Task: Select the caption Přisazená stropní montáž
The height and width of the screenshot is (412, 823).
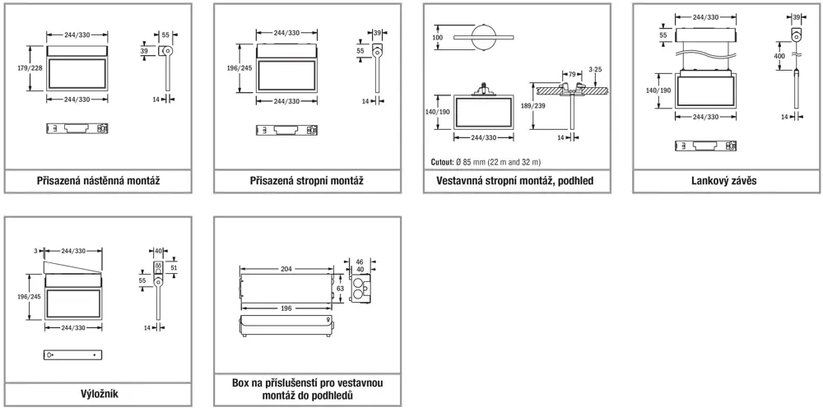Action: tap(306, 181)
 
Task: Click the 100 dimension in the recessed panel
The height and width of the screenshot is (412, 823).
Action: tap(437, 38)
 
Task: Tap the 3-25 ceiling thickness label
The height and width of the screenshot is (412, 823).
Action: tap(597, 71)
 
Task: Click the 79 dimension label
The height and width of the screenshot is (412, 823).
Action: tap(569, 74)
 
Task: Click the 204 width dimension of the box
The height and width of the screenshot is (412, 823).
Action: tap(286, 269)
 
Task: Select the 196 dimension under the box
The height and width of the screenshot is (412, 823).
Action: tap(283, 308)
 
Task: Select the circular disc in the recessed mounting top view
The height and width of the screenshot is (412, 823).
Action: tap(483, 38)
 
